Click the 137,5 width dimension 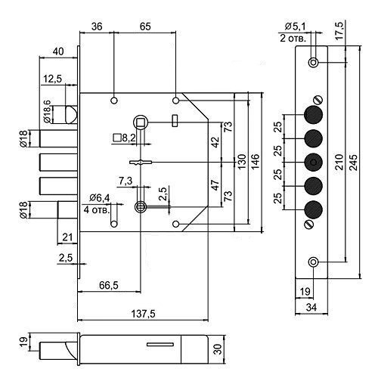[143, 314]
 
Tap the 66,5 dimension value [109, 285]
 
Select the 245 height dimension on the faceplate [353, 163]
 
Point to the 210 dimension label [339, 162]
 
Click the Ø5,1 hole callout [295, 26]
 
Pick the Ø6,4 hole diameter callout [100, 198]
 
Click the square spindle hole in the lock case [141, 122]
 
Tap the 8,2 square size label [129, 138]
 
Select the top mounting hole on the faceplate [313, 62]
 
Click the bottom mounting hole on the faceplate [313, 262]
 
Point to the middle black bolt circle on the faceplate [313, 163]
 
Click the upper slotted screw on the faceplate [318, 100]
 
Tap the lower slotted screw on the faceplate [308, 224]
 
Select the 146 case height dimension [256, 162]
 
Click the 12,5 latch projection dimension [52, 79]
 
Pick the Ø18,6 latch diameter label [47, 111]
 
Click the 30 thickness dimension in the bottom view [218, 349]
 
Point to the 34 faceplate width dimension [311, 308]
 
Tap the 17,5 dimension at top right [339, 30]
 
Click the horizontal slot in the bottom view [160, 345]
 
